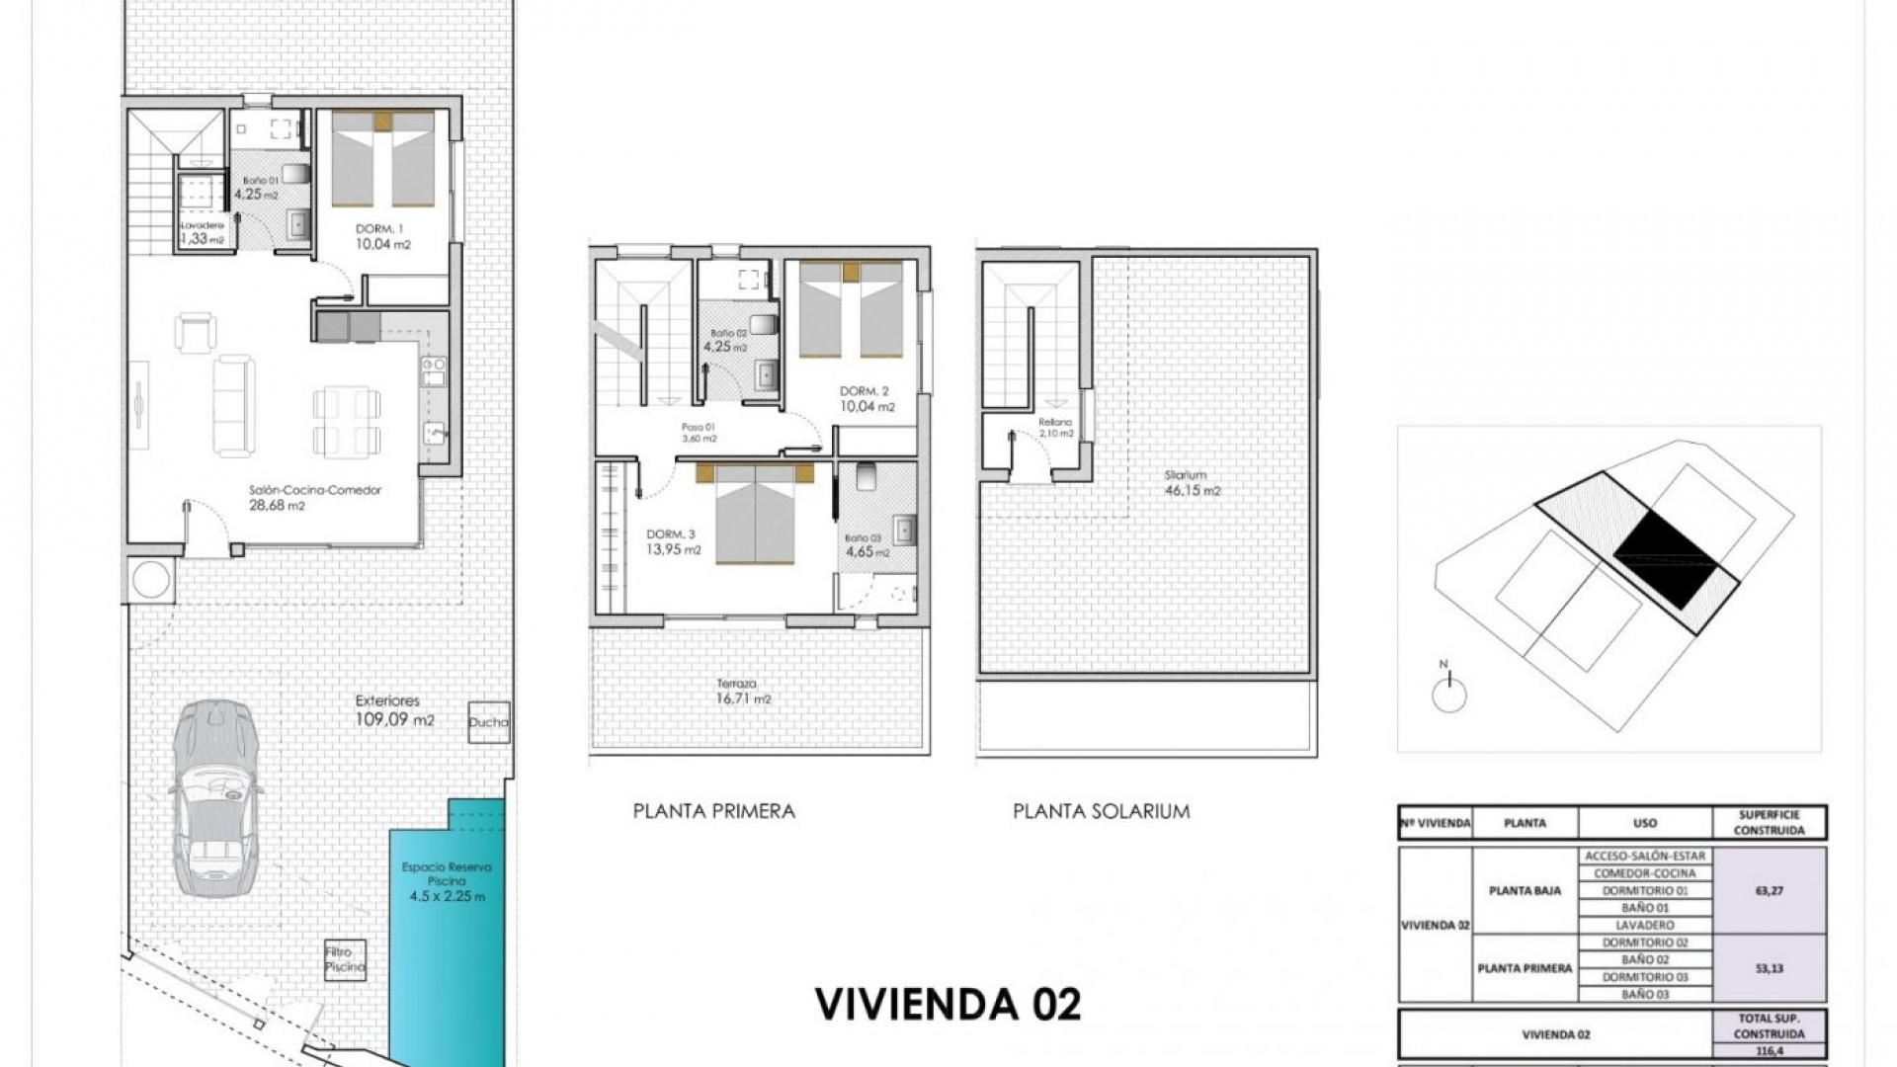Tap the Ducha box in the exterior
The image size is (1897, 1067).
489,722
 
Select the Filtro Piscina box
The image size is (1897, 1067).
345,959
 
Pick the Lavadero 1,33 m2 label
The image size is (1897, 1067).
202,232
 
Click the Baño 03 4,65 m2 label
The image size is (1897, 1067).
866,545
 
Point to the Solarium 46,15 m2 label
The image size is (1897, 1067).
1192,482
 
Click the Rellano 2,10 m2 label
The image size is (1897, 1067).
1055,427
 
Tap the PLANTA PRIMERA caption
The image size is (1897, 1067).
713,811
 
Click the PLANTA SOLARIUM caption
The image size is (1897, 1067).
1101,811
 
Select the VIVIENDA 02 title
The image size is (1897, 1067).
948,1004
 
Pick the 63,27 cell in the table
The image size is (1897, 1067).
1769,890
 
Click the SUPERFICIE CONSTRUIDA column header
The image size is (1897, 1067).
1769,822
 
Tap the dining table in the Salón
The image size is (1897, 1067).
347,421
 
